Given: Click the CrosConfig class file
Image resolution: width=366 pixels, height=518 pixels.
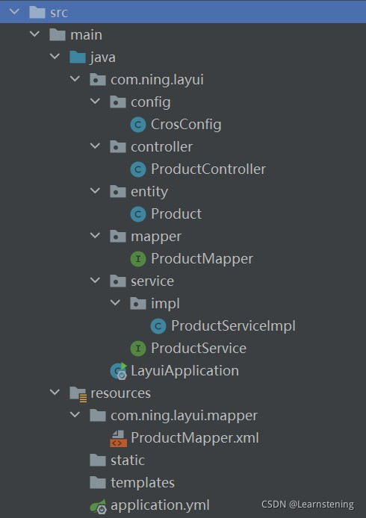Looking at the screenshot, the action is point(186,125).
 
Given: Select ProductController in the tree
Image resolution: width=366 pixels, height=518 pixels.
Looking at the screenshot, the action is point(208,169).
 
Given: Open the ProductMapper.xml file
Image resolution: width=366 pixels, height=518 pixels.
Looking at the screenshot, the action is point(195,437).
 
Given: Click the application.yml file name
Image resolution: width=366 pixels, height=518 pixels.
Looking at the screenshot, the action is point(160,505).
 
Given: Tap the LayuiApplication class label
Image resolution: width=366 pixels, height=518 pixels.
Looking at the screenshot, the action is point(184,371).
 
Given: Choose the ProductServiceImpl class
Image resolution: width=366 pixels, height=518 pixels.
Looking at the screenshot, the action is point(233,326).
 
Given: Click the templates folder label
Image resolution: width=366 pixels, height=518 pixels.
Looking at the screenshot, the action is point(143,483).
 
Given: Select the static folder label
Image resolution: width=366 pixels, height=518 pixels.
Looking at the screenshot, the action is point(128,461).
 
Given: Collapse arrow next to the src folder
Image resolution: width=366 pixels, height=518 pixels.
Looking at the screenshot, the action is point(14,12).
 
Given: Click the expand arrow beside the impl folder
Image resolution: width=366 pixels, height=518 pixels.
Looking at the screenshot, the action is point(115,302).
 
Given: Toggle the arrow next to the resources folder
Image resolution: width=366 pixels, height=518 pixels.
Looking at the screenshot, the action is point(55,392).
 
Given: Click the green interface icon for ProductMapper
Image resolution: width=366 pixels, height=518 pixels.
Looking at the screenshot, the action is point(138,259).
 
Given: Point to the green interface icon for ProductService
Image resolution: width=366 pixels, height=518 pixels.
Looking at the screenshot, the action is point(138,349).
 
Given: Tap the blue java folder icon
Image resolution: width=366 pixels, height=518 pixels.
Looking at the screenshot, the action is point(78,57).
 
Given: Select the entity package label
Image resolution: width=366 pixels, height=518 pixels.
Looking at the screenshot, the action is point(149,192).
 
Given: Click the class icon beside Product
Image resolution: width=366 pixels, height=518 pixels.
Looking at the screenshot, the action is point(138,214).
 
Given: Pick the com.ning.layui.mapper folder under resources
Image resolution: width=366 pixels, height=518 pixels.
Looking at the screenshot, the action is point(184,416).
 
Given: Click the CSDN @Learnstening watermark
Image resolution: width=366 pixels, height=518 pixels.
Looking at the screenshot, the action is point(308,505).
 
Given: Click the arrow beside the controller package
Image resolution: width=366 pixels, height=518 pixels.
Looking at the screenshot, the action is point(95,146).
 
